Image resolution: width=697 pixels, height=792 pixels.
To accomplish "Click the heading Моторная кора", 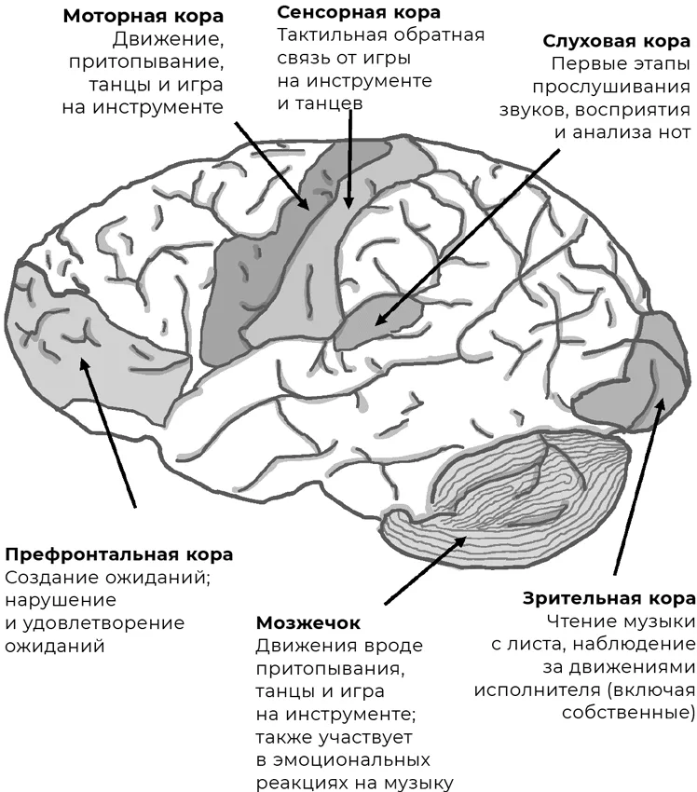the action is tap(143, 16).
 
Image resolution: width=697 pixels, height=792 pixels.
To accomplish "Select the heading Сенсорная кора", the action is tap(359, 12).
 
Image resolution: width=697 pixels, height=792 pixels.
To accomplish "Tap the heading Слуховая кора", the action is tap(616, 41).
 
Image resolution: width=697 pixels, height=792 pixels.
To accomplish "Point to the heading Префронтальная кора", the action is tap(119, 554).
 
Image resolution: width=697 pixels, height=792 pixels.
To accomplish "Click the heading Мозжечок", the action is tap(308, 622).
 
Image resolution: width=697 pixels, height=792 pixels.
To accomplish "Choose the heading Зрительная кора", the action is tap(609, 598).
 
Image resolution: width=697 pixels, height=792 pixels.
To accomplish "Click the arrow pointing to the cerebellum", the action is tap(425, 570).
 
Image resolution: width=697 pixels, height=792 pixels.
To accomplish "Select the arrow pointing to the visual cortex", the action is tap(640, 485).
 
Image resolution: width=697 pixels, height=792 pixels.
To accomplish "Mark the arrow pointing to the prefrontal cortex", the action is tap(108, 432).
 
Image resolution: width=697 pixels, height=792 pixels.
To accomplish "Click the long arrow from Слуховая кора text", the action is tap(468, 237).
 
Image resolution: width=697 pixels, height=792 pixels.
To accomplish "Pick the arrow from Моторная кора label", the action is tap(272, 165).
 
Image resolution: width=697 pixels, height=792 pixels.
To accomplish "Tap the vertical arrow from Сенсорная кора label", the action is tap(349, 157).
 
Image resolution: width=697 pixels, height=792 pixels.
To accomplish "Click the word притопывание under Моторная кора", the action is tap(145, 62).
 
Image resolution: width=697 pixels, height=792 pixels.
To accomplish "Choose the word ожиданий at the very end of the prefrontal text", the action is tap(55, 646).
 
